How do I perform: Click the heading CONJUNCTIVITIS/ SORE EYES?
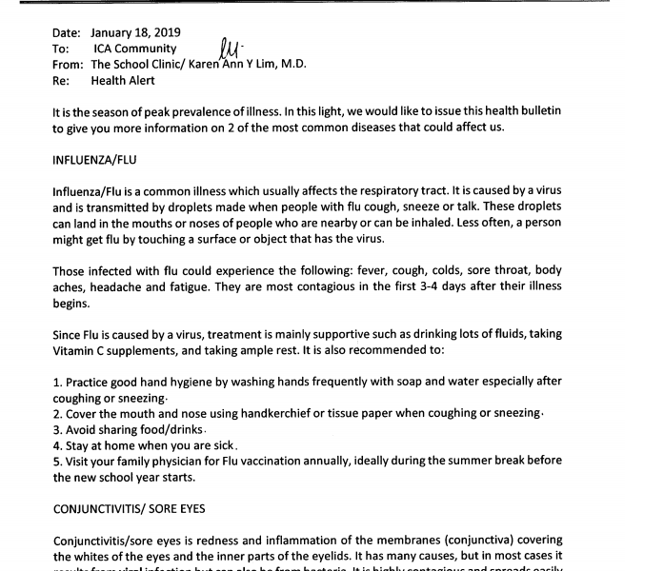(127, 509)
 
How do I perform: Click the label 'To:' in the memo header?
(61, 49)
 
